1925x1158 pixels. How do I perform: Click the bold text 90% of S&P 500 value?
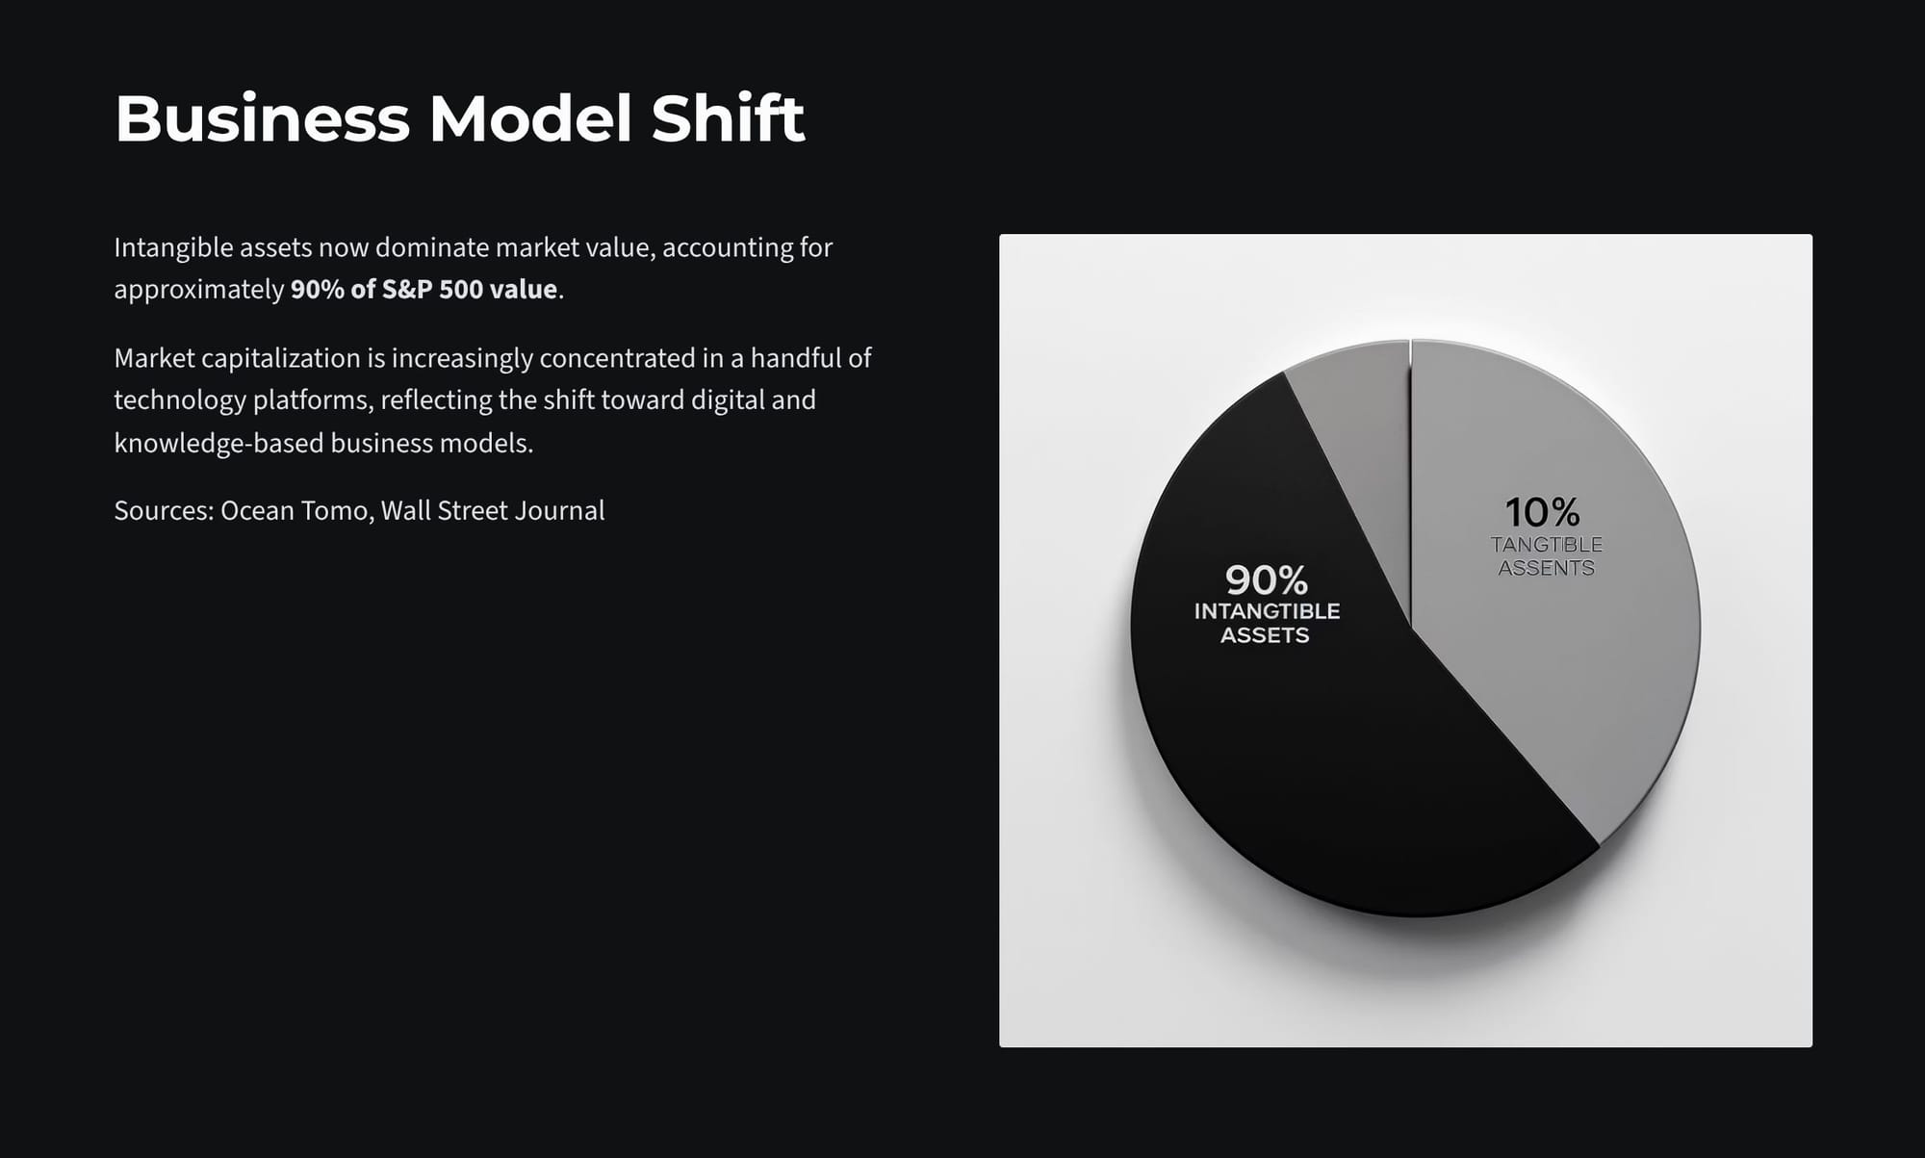(x=424, y=290)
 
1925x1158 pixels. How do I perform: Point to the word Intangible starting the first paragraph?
(x=173, y=248)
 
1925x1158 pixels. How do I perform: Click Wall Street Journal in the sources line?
(x=493, y=510)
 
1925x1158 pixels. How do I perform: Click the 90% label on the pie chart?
(x=1267, y=580)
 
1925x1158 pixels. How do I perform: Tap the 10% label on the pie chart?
(x=1542, y=512)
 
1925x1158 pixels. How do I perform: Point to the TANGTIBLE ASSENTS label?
(x=1547, y=556)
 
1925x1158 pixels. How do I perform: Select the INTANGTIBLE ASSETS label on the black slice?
(x=1267, y=623)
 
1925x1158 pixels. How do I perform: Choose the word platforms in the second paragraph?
(x=312, y=400)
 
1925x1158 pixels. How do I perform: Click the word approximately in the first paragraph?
(x=199, y=291)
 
